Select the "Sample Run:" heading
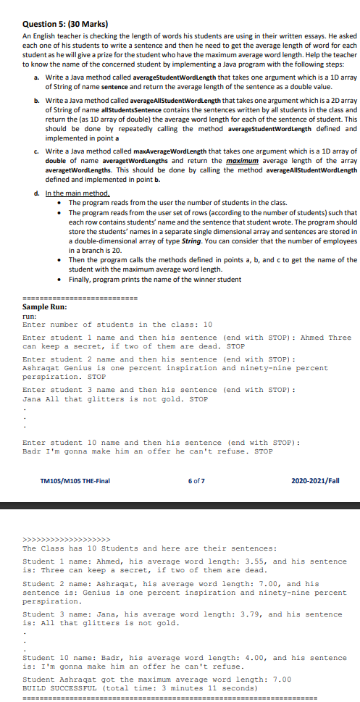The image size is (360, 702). pos(46,306)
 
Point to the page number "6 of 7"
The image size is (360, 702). pos(196,480)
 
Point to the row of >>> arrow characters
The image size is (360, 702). pos(66,539)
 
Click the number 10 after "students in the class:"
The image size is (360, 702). pos(207,324)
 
